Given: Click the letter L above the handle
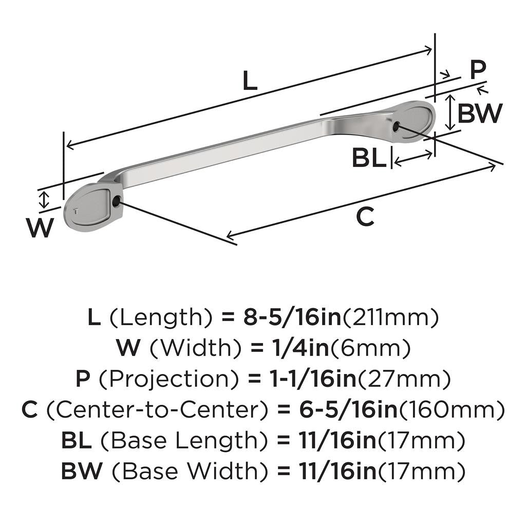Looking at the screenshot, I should click(x=250, y=81).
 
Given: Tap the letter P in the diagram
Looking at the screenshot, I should click(x=478, y=70).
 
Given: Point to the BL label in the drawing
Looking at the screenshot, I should click(x=369, y=158).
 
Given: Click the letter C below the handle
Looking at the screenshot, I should click(x=365, y=217).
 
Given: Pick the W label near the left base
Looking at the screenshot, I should click(x=40, y=228).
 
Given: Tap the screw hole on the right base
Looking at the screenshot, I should click(x=396, y=125).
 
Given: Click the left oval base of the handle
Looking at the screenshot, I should click(x=87, y=208).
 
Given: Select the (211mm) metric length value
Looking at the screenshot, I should click(x=390, y=318).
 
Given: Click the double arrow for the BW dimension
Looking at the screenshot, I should click(x=450, y=111).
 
